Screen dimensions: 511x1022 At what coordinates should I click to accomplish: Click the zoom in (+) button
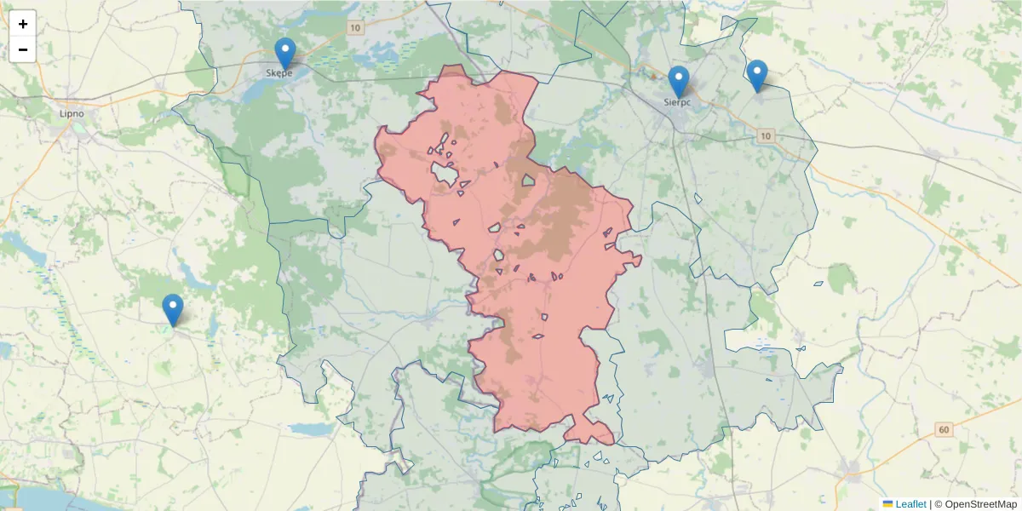pyautogui.click(x=23, y=24)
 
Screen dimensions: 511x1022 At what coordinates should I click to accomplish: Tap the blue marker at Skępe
pyautogui.click(x=284, y=53)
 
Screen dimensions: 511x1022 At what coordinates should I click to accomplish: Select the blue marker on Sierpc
pyautogui.click(x=678, y=82)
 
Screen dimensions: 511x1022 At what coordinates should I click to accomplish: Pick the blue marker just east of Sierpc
pyautogui.click(x=756, y=75)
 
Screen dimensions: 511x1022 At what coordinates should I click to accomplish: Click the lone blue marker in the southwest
pyautogui.click(x=173, y=310)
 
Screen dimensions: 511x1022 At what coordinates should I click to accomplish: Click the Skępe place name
pyautogui.click(x=279, y=73)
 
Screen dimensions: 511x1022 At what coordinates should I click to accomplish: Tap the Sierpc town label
pyautogui.click(x=678, y=102)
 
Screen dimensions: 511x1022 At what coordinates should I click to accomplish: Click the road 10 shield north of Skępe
pyautogui.click(x=354, y=28)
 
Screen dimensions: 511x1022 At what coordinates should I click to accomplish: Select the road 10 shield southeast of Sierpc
pyautogui.click(x=766, y=136)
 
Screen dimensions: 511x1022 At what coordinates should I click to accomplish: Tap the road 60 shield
pyautogui.click(x=943, y=429)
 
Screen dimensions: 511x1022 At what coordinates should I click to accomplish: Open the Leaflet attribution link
pyautogui.click(x=910, y=504)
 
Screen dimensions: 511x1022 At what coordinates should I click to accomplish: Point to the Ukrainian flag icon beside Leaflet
pyautogui.click(x=887, y=504)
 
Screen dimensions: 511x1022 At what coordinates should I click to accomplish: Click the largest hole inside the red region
pyautogui.click(x=444, y=174)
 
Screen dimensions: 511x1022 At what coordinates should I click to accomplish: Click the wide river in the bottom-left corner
pyautogui.click(x=34, y=498)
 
